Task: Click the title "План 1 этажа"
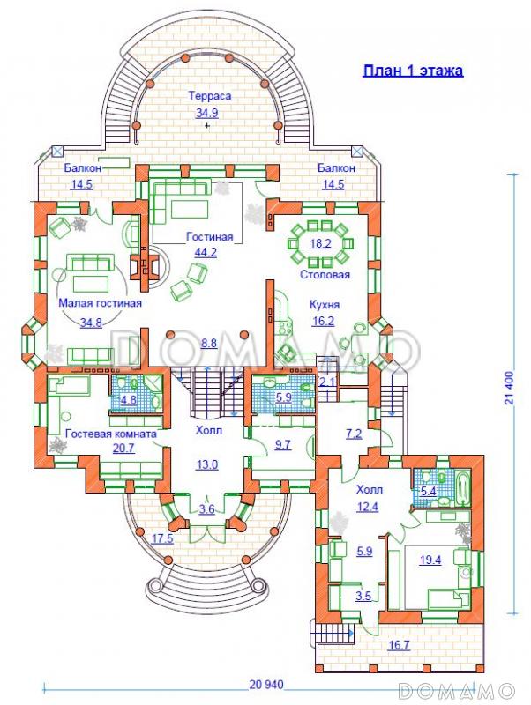[413, 71]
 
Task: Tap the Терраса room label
[210, 96]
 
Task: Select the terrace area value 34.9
[207, 113]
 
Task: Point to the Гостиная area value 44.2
[206, 252]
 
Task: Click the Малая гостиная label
[101, 303]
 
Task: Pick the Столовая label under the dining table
[325, 274]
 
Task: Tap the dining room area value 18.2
[320, 244]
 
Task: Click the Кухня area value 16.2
[323, 322]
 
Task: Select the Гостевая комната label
[111, 434]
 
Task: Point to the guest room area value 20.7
[123, 449]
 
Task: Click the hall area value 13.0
[207, 464]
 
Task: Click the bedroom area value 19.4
[430, 560]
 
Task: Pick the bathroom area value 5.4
[428, 491]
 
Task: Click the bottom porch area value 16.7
[400, 645]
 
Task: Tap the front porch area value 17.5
[162, 538]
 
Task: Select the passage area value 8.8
[209, 344]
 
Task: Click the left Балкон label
[82, 168]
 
